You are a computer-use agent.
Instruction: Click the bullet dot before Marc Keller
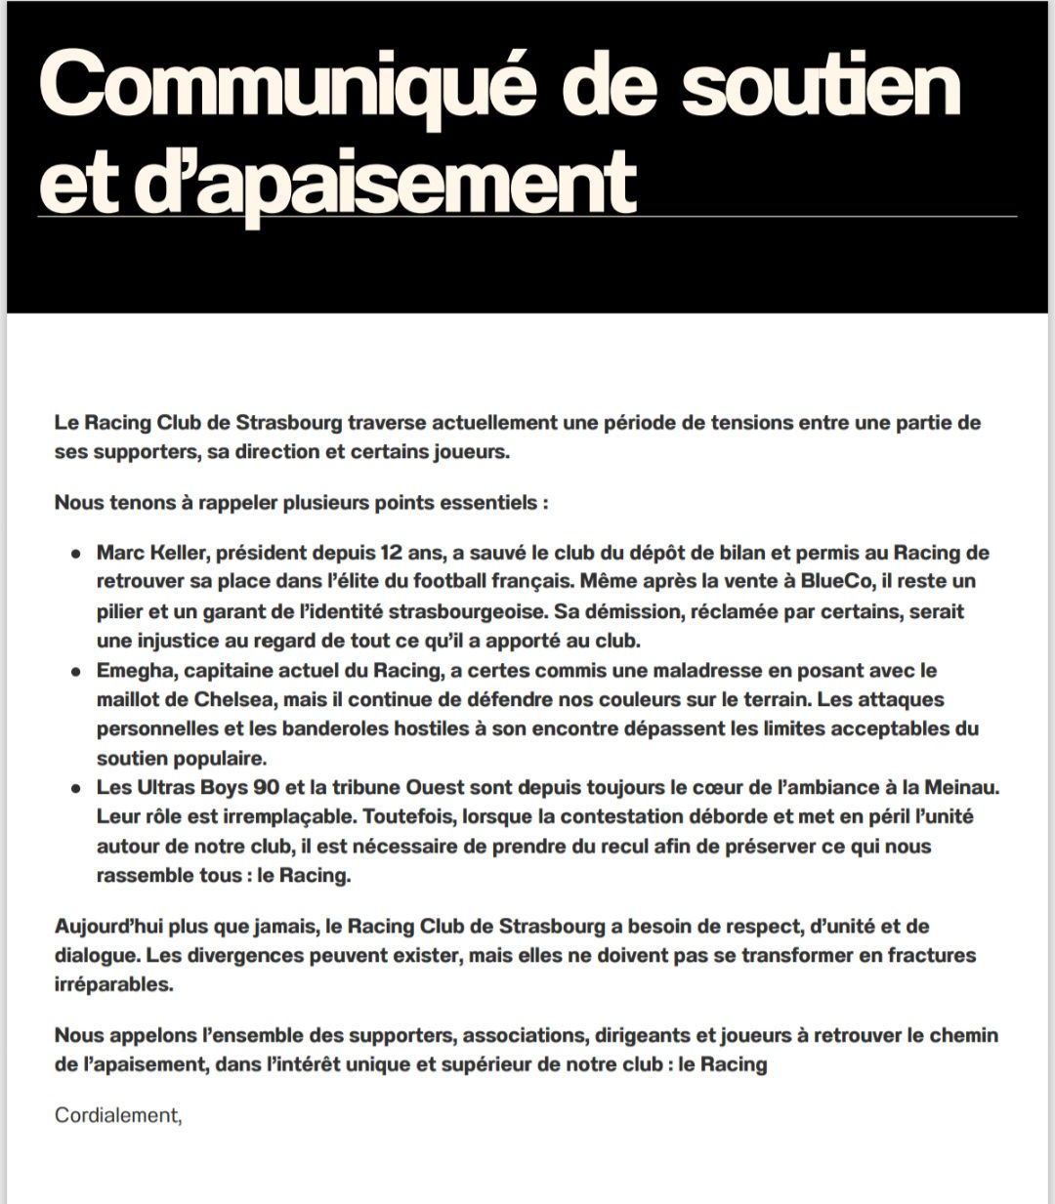coord(74,554)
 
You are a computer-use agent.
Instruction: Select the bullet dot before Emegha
coord(74,671)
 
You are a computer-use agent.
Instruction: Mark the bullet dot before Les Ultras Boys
coord(74,788)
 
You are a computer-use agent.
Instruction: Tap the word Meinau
coord(965,787)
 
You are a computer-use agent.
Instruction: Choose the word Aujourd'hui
coord(109,926)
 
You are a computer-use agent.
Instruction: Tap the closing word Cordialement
coord(117,1115)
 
